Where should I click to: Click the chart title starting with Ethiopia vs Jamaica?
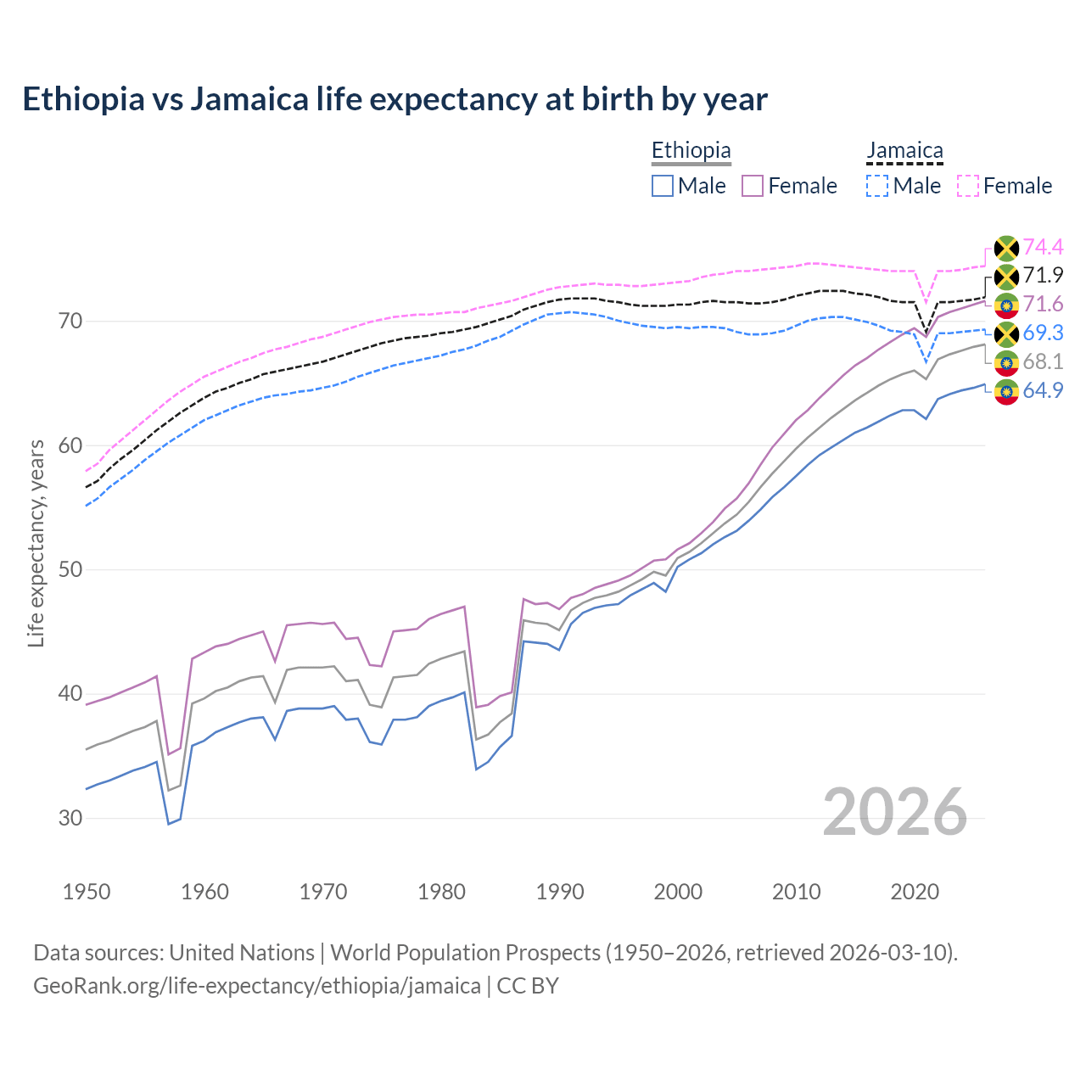pyautogui.click(x=395, y=99)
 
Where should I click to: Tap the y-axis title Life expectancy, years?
pyautogui.click(x=36, y=543)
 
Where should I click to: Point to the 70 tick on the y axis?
pyautogui.click(x=70, y=321)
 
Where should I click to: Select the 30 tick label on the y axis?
pyautogui.click(x=70, y=818)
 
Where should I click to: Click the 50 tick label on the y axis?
pyautogui.click(x=70, y=569)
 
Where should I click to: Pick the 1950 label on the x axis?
pyautogui.click(x=87, y=892)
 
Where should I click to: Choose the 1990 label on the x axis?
pyautogui.click(x=560, y=892)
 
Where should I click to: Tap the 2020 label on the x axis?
pyautogui.click(x=915, y=892)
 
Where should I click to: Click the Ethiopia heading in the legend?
pyautogui.click(x=691, y=150)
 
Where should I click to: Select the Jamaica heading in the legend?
pyautogui.click(x=904, y=150)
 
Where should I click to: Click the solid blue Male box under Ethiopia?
pyautogui.click(x=663, y=186)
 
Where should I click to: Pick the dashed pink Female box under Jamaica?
pyautogui.click(x=968, y=186)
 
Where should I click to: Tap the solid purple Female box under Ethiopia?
pyautogui.click(x=753, y=186)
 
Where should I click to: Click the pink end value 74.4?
pyautogui.click(x=1043, y=247)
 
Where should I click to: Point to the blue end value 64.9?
pyautogui.click(x=1043, y=391)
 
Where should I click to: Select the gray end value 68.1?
pyautogui.click(x=1043, y=362)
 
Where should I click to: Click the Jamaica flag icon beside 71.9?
pyautogui.click(x=1006, y=277)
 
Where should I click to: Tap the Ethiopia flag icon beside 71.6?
pyautogui.click(x=1006, y=305)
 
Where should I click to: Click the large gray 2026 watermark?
pyautogui.click(x=894, y=812)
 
